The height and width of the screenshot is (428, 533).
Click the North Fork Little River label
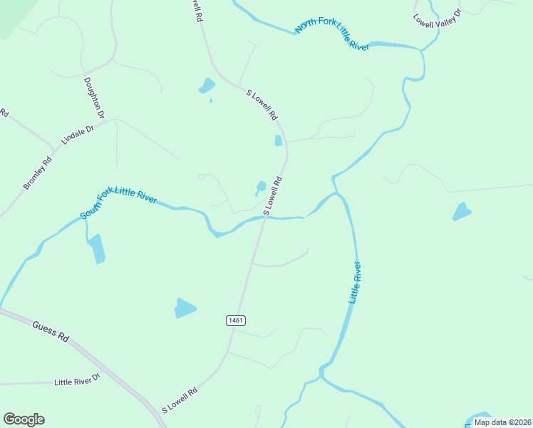[x=332, y=35]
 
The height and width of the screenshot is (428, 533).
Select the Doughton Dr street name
[x=94, y=98]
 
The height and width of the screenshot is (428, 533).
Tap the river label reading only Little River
[x=355, y=283]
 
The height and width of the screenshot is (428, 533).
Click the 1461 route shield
[x=237, y=320]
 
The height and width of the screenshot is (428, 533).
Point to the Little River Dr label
[x=78, y=382]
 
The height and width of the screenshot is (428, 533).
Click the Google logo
[x=24, y=419]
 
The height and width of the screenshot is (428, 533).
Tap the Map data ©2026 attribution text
[x=502, y=422]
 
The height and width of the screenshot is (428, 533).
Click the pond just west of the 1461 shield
[x=185, y=308]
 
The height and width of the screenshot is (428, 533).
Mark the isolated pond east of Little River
[x=462, y=212]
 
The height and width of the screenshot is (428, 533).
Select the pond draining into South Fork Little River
[x=96, y=249]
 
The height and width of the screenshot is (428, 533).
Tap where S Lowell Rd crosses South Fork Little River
[x=265, y=218]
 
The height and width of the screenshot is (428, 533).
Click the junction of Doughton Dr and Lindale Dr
[x=106, y=121]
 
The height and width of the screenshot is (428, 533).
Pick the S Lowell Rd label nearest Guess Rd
[x=180, y=400]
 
